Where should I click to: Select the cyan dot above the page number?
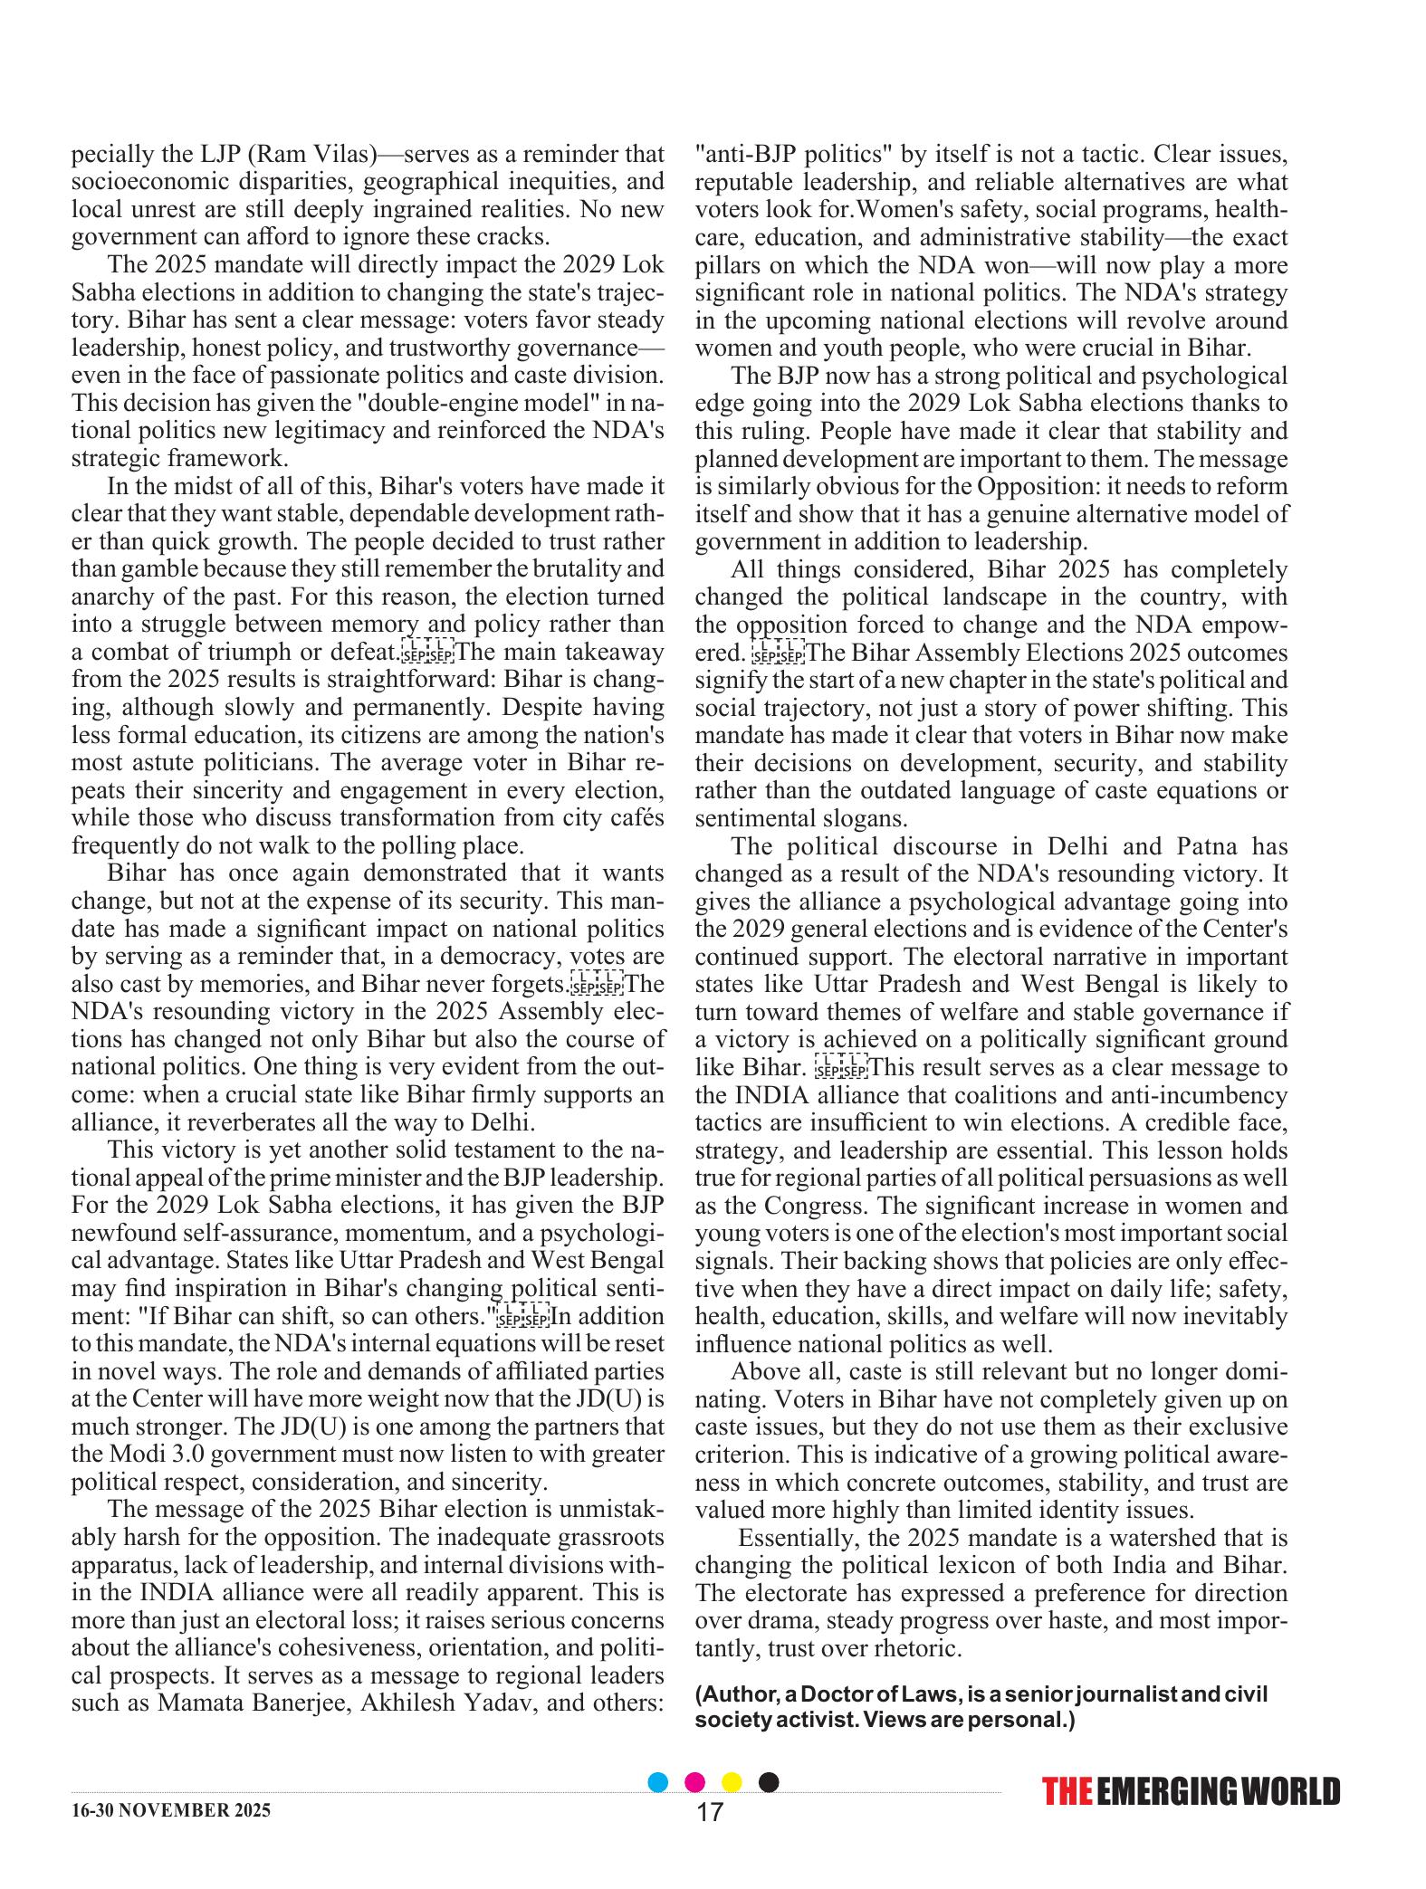659,1782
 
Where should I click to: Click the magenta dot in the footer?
695,1782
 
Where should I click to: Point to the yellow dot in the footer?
732,1782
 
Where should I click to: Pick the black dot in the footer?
768,1782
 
